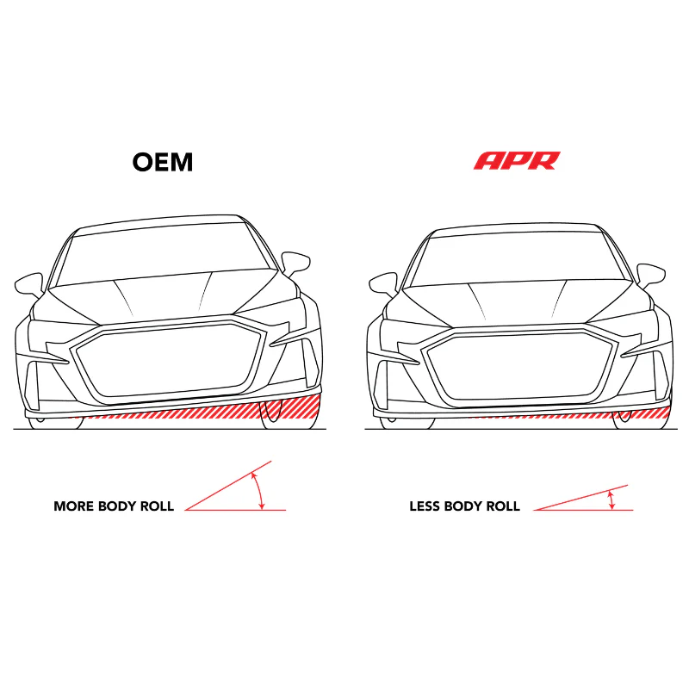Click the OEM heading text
(163, 162)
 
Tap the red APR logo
(517, 160)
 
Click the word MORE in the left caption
(73, 506)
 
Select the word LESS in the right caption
(424, 506)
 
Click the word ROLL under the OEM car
(157, 506)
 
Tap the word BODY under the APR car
(462, 506)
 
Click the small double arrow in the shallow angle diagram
(611, 500)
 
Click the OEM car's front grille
(168, 360)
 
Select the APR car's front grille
(520, 366)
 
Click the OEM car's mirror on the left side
(29, 285)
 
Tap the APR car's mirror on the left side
(383, 285)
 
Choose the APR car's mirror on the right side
(651, 275)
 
